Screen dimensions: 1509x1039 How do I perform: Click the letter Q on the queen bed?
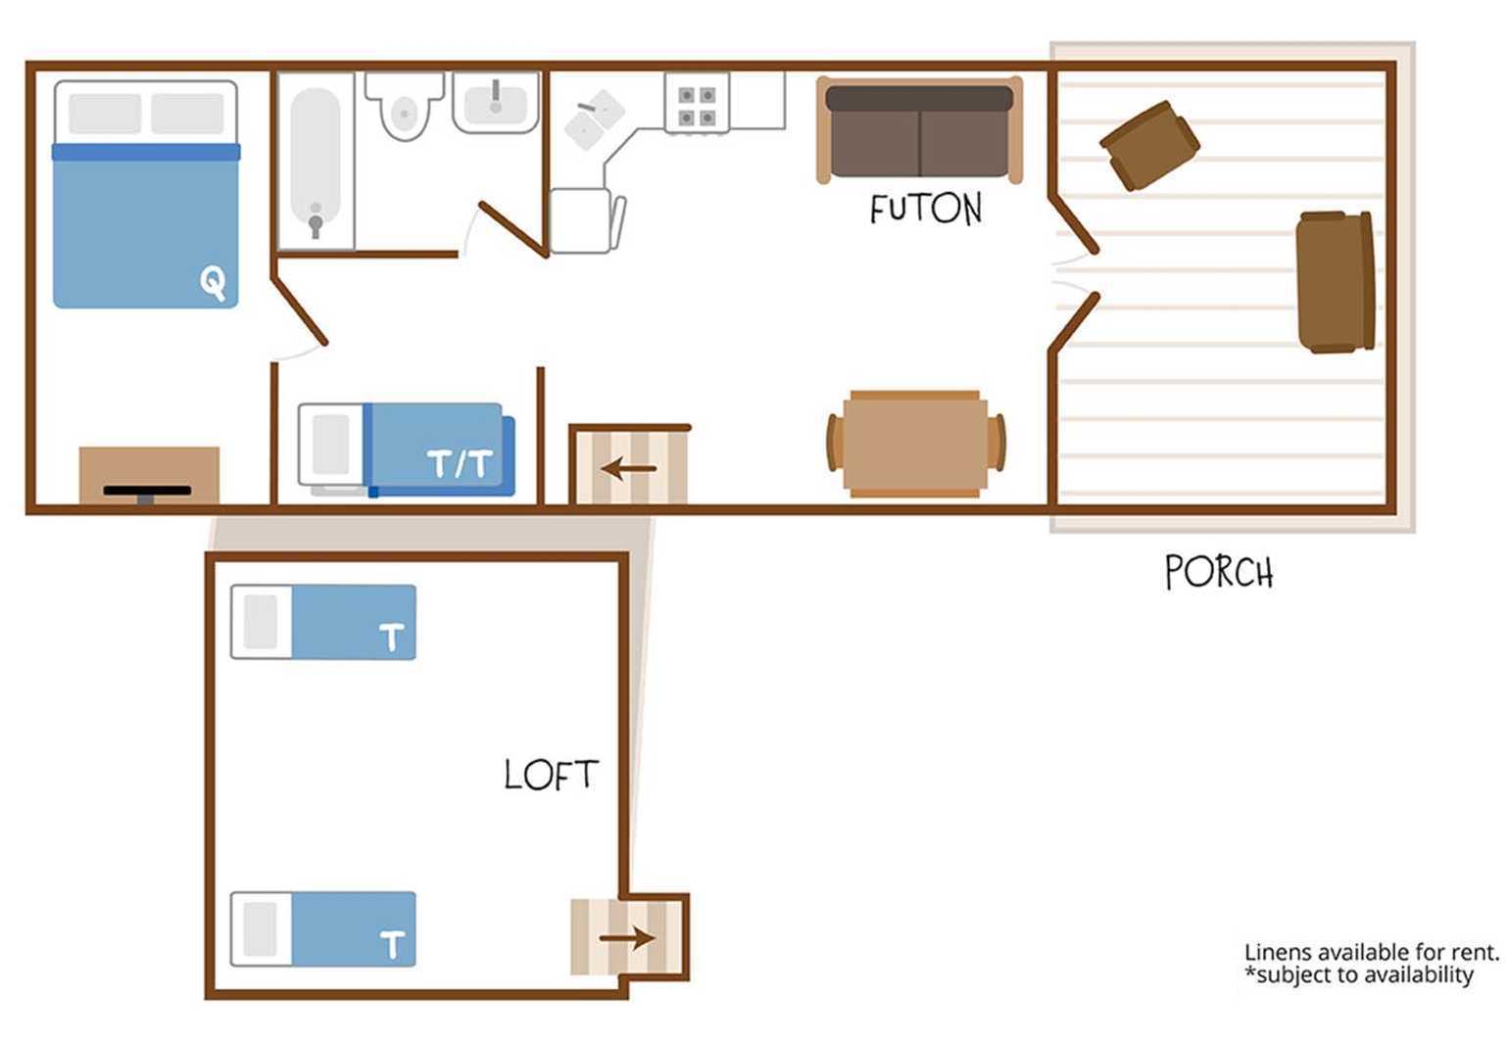coord(213,283)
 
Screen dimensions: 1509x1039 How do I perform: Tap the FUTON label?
coord(926,209)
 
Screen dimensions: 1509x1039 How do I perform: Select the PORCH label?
coord(1219,572)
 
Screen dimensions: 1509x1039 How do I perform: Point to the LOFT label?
coord(551,775)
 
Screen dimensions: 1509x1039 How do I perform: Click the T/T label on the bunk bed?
coord(460,464)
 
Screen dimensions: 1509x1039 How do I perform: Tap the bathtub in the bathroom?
coord(316,162)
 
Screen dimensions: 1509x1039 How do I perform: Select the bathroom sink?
coord(496,103)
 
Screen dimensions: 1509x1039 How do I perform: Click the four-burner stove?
coord(697,104)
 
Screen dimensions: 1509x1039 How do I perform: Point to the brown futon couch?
coord(919,130)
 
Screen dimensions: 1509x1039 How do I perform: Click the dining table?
coord(915,444)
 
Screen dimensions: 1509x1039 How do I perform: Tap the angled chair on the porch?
coord(1149,146)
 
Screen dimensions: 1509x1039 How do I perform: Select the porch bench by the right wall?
coord(1336,281)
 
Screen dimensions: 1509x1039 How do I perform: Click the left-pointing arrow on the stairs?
coord(628,468)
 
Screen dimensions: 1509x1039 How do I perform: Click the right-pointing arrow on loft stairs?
coord(626,938)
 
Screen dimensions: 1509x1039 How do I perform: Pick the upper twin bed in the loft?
coord(323,622)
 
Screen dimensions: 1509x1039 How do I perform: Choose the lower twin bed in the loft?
coord(323,929)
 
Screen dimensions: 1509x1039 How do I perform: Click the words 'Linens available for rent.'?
coord(1372,952)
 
